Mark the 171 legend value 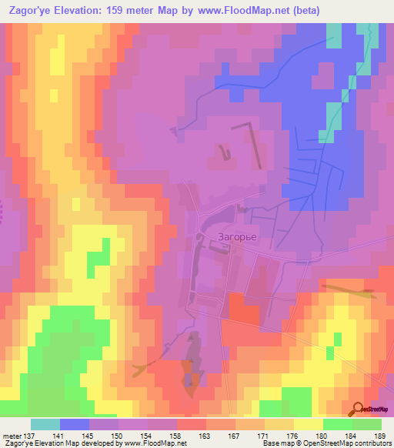pos(265,436)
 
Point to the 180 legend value pos(324,436)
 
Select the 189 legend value pos(382,436)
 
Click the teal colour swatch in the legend pos(45,424)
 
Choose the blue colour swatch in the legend pos(74,424)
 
